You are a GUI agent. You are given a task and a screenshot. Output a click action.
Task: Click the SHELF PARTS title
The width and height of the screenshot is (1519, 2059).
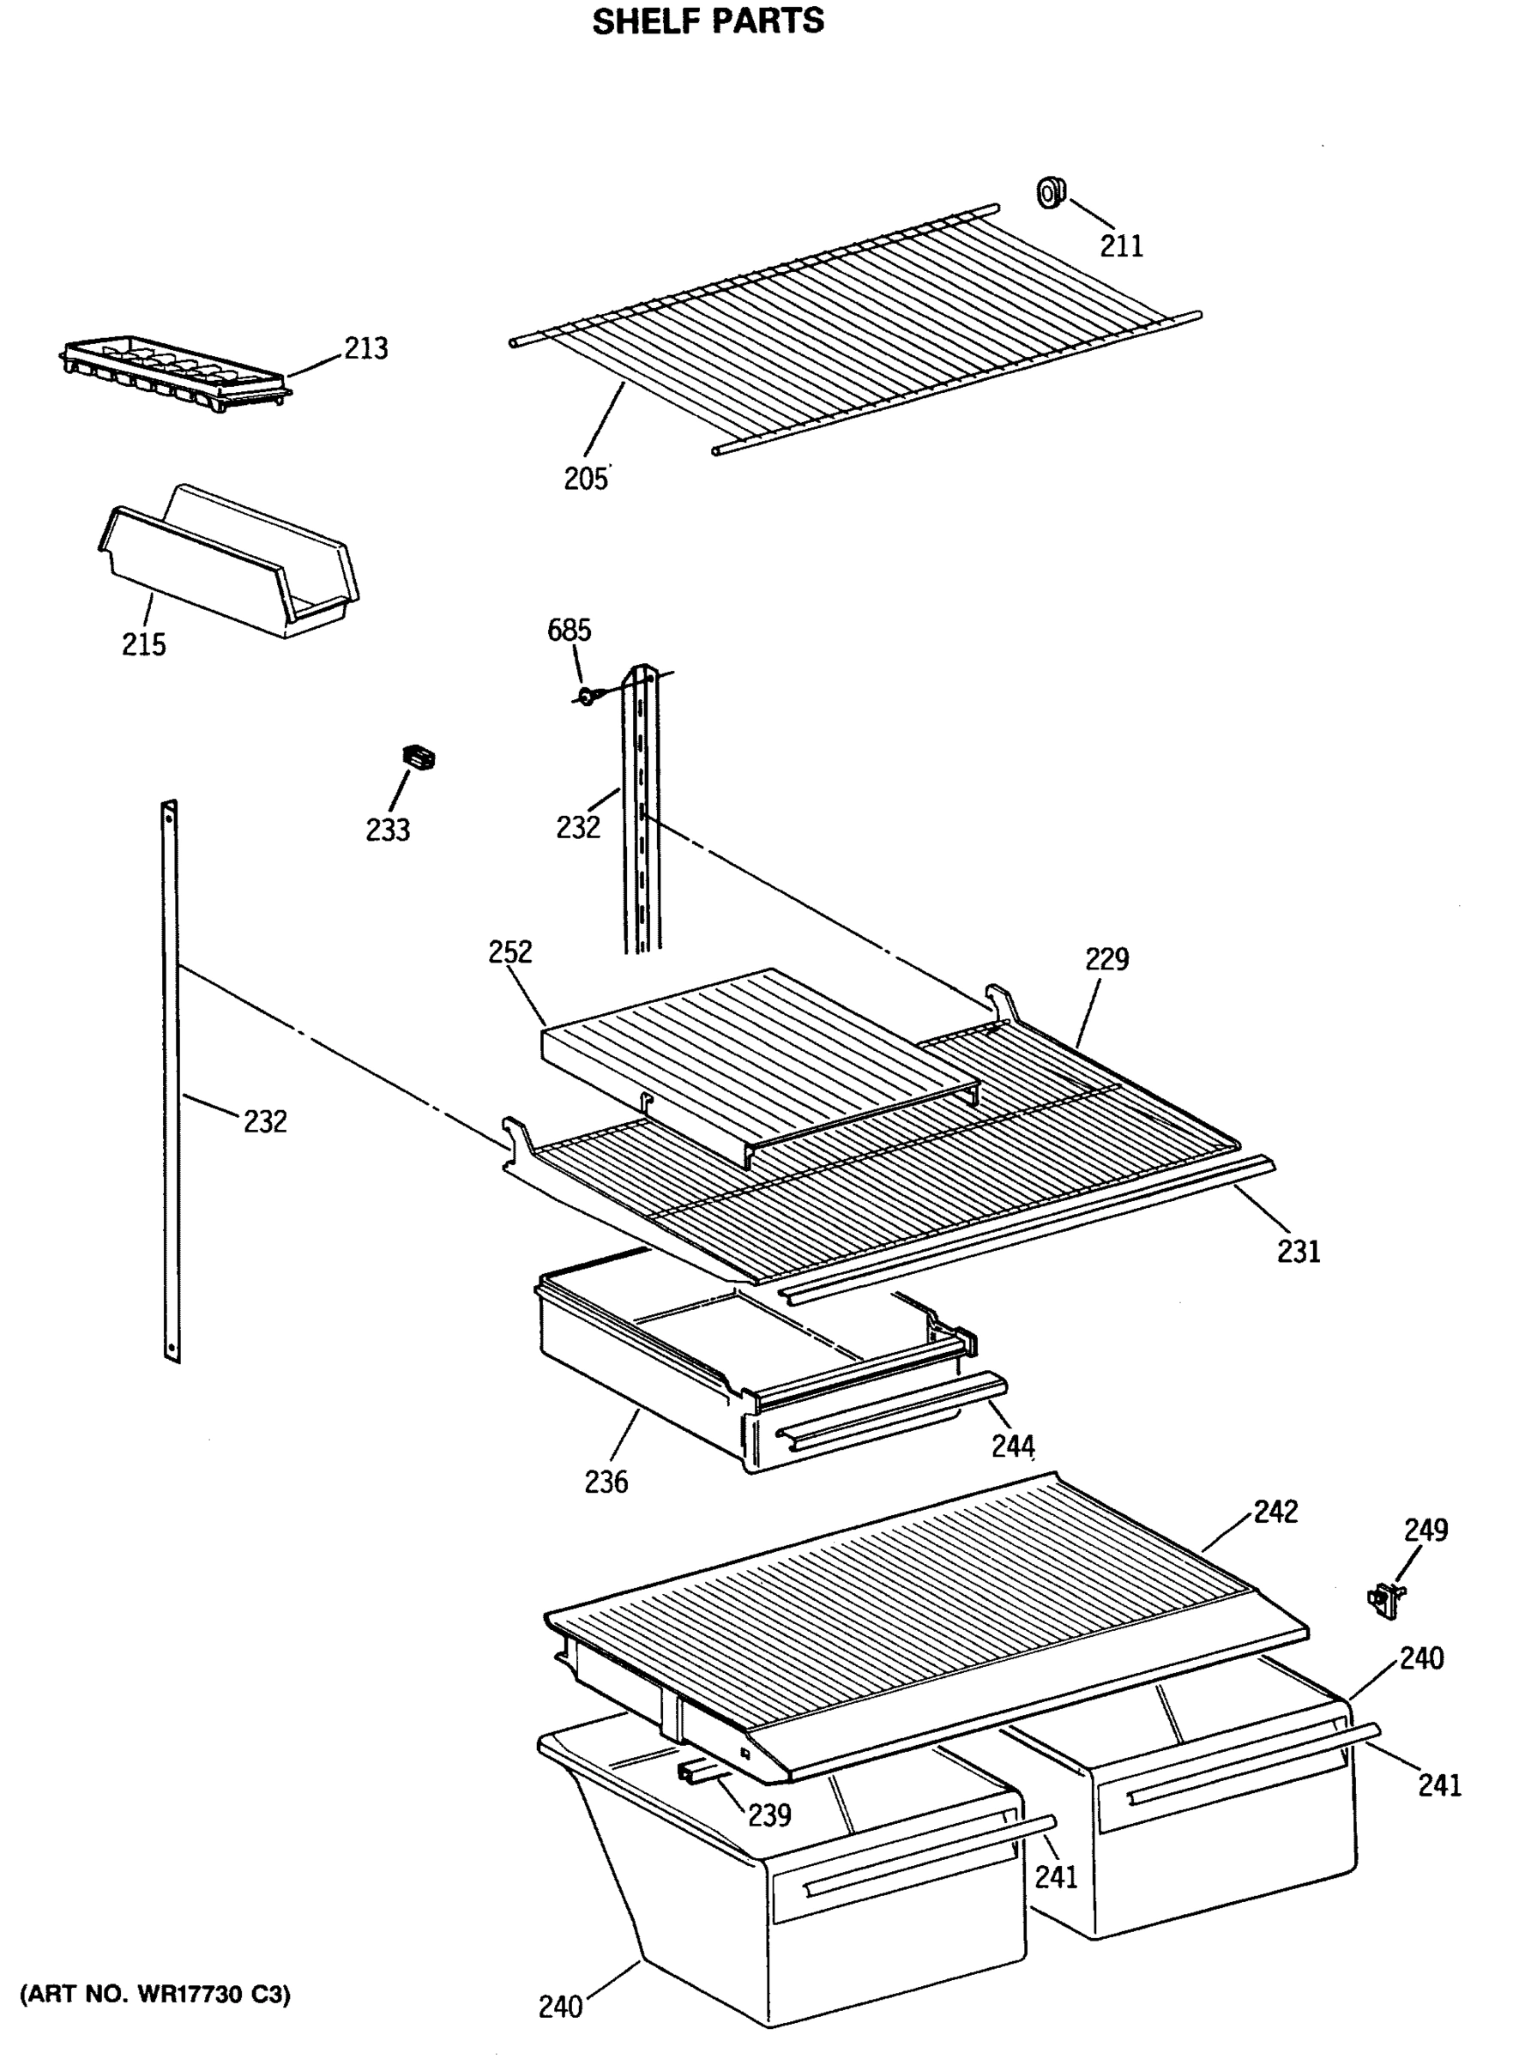(707, 21)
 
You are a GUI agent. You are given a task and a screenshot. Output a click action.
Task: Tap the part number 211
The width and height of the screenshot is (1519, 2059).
(1122, 245)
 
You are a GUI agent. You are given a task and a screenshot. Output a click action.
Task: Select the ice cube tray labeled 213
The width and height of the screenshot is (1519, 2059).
(175, 369)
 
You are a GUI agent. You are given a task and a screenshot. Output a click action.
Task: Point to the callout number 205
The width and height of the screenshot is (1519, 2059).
(586, 478)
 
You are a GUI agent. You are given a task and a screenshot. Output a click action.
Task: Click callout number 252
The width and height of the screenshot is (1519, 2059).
(510, 951)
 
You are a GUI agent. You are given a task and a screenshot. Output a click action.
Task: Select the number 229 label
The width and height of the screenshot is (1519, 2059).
(1106, 958)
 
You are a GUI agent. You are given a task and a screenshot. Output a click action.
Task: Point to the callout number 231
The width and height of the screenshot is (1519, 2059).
(1299, 1251)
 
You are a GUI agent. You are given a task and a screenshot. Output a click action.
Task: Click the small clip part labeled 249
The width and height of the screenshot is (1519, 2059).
(1386, 1601)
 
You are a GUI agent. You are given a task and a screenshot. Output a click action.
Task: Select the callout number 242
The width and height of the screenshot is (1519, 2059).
(1275, 1511)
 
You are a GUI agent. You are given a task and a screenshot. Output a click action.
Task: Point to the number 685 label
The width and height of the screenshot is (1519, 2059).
(570, 630)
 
